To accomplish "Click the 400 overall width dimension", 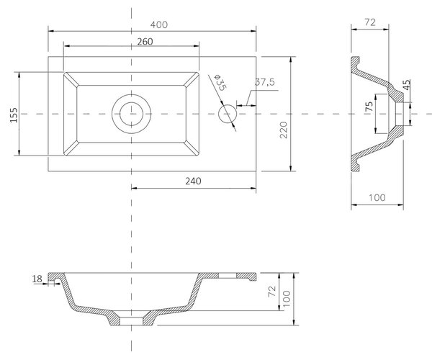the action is tap(159, 24).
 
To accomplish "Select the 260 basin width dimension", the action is tap(145, 42).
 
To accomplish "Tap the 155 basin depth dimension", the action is tap(14, 115).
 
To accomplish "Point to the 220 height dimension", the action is tap(283, 130).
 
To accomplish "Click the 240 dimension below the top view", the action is tap(193, 181).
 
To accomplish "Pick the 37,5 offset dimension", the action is tap(265, 82).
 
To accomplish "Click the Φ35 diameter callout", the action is tap(220, 82).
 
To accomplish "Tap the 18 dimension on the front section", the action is tap(37, 279).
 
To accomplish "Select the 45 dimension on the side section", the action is tap(407, 85).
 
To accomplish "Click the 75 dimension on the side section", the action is tap(369, 107).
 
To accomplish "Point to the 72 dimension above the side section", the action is tap(370, 22).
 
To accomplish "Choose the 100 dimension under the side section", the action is tap(377, 197).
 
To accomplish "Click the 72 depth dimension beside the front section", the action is tap(272, 292).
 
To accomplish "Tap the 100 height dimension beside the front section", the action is tap(287, 299).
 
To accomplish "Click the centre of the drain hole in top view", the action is tap(132, 114).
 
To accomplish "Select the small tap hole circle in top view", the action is tap(228, 114).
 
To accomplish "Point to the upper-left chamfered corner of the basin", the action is tap(71, 79).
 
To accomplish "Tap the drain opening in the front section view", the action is tap(132, 321).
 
